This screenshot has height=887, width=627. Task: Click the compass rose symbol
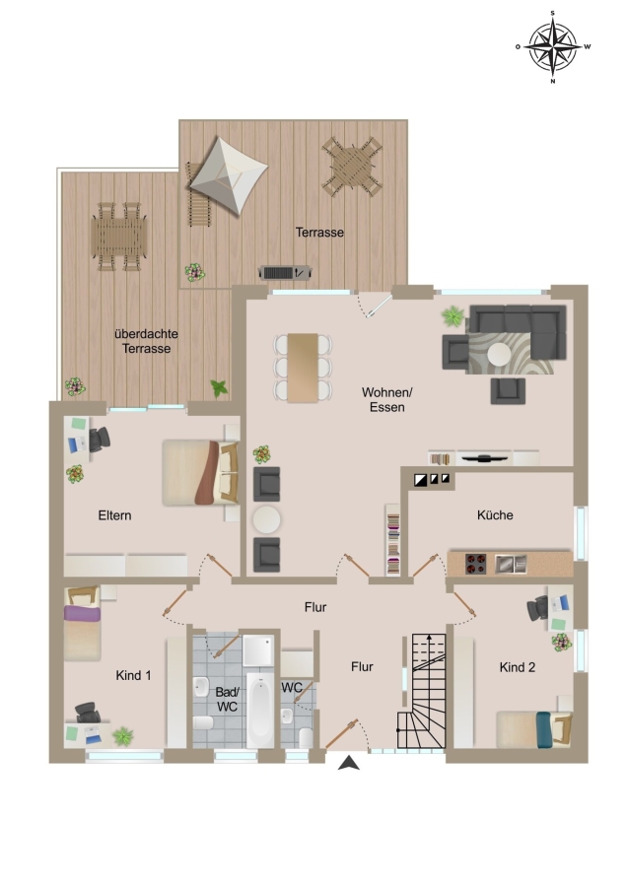click(552, 47)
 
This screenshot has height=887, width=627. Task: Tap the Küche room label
click(495, 514)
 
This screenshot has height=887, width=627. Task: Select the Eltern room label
click(115, 515)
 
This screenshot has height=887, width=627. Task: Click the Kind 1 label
click(133, 675)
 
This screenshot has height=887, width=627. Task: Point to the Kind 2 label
click(518, 667)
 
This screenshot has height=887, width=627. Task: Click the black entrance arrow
click(349, 763)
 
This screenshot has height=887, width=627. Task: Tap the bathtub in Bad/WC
click(260, 710)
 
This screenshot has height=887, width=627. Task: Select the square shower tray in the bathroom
click(258, 650)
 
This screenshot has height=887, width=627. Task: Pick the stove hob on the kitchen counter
click(475, 564)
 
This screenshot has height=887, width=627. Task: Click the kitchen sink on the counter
click(511, 564)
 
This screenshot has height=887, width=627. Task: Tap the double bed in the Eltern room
click(200, 472)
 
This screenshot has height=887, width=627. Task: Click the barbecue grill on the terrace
click(285, 273)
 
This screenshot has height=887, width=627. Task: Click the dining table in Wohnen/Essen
click(303, 368)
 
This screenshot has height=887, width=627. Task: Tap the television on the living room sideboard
click(484, 457)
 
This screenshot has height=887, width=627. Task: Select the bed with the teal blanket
click(533, 729)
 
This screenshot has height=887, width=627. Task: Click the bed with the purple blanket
click(82, 624)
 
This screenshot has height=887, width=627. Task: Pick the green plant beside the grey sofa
click(453, 315)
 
